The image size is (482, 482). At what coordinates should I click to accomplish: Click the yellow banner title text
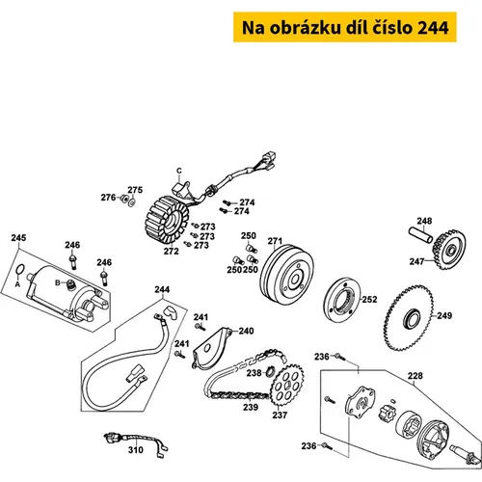point(345,28)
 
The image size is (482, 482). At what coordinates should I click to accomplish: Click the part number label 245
point(18,238)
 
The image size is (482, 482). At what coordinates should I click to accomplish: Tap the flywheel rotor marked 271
point(286,276)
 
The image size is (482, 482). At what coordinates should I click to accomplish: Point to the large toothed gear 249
point(409,319)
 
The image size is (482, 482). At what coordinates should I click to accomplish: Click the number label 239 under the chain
point(251,407)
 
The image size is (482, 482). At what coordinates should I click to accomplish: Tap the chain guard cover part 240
point(212,348)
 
